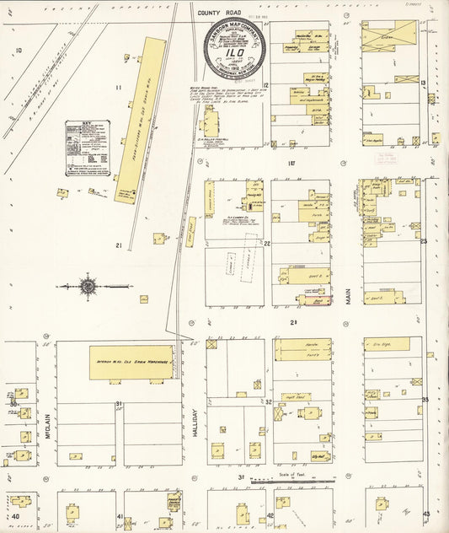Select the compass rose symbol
(88, 286)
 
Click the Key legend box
(88, 148)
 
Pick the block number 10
(18, 51)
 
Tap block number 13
(423, 83)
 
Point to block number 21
(120, 245)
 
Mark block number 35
(425, 399)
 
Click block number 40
(14, 515)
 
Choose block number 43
(426, 514)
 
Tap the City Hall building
(318, 456)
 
